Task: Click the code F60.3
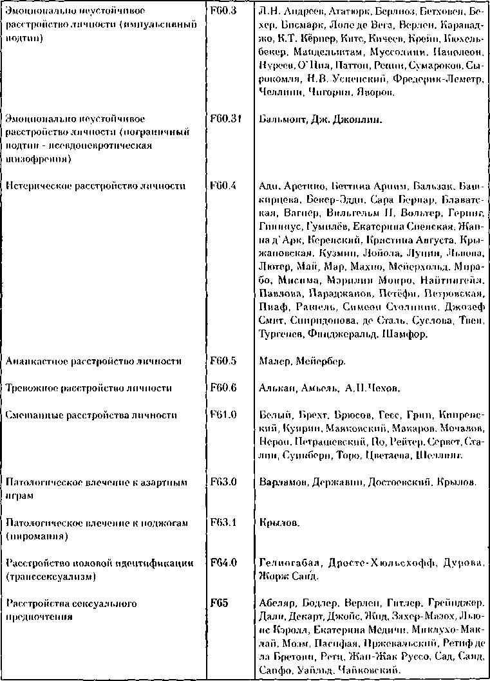223,12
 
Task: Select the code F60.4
223,186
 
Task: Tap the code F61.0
223,415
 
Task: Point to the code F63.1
223,523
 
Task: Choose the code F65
220,604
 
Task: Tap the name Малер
276,362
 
